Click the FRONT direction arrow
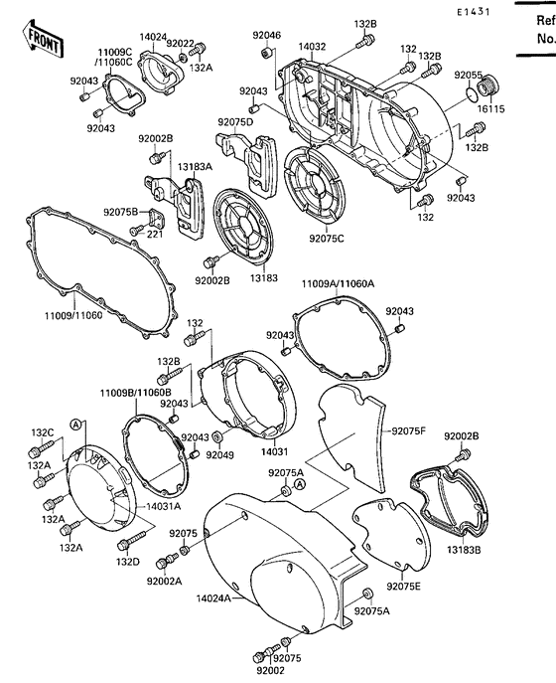(x=43, y=39)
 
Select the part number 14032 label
(x=312, y=47)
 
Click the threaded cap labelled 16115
(x=487, y=91)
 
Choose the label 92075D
(x=235, y=122)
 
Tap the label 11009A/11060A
(x=338, y=283)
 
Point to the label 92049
(x=219, y=454)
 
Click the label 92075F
(x=407, y=430)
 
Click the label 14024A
(x=212, y=598)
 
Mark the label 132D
(x=128, y=562)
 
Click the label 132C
(x=41, y=432)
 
